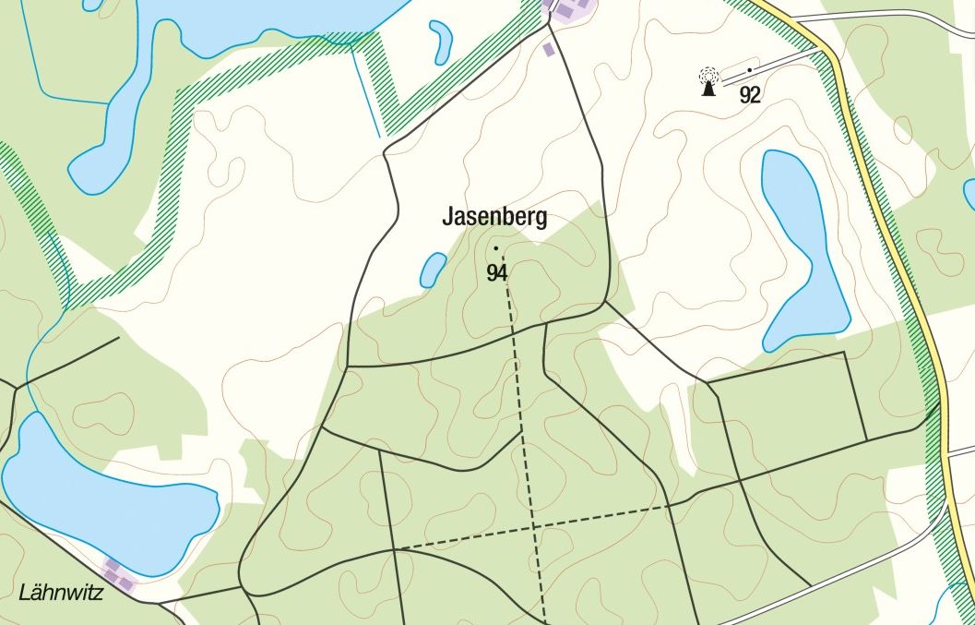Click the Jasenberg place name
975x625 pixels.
494,218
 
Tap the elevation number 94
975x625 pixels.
497,272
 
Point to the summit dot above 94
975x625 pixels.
496,248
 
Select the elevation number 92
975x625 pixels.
750,95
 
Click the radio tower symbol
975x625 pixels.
707,82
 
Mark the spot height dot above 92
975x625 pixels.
750,69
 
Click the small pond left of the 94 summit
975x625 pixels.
432,270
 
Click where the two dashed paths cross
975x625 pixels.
534,528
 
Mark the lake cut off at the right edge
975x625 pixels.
969,194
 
